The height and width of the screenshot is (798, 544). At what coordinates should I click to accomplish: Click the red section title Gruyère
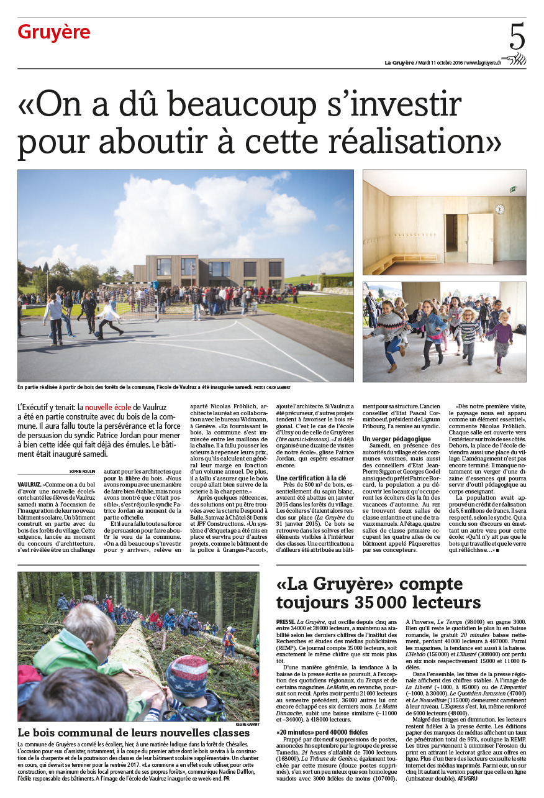coord(54,32)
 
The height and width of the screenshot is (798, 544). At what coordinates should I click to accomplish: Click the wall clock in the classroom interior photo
coord(499,209)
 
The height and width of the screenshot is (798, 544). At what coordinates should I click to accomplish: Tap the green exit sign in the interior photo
coord(512,188)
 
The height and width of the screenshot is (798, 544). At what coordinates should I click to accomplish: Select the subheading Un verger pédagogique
coord(396,439)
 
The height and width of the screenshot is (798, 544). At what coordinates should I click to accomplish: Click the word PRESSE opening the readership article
coord(286,621)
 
